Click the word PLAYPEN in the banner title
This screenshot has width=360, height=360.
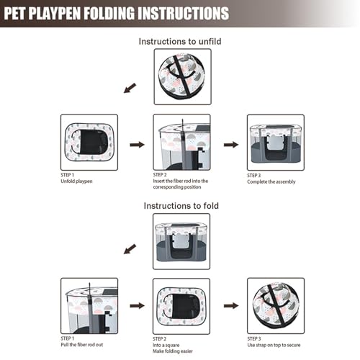(54, 13)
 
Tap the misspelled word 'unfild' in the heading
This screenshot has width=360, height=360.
(210, 42)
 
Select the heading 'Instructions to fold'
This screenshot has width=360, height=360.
(181, 206)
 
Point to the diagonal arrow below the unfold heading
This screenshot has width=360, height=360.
(130, 88)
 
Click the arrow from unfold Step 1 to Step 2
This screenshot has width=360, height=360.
(137, 145)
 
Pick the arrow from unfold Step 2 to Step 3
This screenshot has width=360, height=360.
(231, 145)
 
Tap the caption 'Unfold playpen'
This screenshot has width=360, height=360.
(76, 181)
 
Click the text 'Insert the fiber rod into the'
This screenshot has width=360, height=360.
(181, 181)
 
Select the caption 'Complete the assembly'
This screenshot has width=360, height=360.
(271, 181)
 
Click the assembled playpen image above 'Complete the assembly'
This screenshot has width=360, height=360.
(276, 143)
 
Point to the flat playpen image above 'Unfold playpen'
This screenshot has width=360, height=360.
(89, 143)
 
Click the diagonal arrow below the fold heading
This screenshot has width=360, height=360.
(130, 249)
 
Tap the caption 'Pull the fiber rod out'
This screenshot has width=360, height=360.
(82, 345)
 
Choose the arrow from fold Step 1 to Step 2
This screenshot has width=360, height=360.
(137, 306)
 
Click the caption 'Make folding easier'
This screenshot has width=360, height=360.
(173, 351)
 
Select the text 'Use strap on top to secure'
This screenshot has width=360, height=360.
(274, 345)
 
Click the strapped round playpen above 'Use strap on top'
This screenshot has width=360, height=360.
(276, 306)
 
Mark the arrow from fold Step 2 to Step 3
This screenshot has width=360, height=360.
(231, 306)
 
